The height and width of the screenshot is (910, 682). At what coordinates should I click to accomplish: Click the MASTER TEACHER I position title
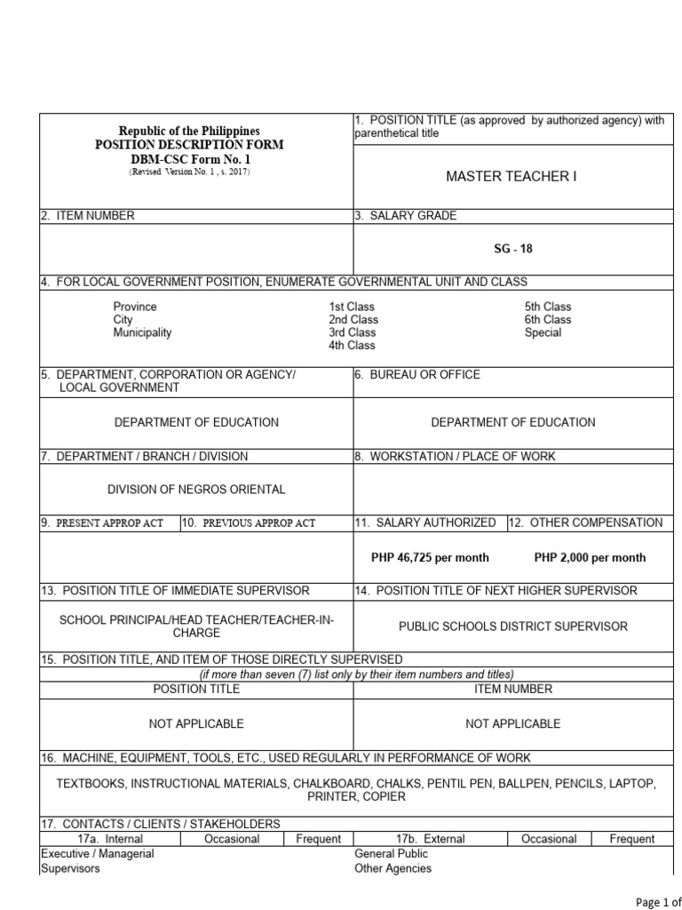511,177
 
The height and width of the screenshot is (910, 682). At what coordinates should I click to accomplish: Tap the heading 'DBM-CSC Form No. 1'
190,158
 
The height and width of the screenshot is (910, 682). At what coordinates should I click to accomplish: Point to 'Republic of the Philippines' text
190,131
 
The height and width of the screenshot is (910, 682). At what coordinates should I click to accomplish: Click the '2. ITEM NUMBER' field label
88,215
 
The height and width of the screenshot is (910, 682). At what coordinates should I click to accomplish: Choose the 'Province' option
135,307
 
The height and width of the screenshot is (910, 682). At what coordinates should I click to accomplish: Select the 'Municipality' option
142,332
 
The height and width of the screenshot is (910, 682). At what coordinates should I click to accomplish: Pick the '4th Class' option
353,346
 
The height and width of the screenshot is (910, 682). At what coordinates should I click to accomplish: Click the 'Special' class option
543,332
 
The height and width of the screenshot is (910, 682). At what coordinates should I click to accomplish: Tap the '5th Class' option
548,307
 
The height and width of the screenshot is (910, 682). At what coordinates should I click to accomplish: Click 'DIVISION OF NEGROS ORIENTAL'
196,490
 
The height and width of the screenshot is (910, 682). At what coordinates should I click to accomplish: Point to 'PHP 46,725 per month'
430,558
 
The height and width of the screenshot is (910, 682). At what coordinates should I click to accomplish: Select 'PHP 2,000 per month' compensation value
590,558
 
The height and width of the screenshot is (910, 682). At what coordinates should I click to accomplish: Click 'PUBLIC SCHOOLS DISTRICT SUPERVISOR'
513,627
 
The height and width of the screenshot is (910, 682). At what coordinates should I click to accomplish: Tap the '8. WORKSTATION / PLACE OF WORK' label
455,456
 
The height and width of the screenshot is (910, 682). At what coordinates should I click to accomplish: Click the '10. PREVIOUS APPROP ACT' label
250,523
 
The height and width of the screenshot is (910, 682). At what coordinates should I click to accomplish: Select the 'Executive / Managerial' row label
98,854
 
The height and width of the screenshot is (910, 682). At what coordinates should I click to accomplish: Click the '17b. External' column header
430,839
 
